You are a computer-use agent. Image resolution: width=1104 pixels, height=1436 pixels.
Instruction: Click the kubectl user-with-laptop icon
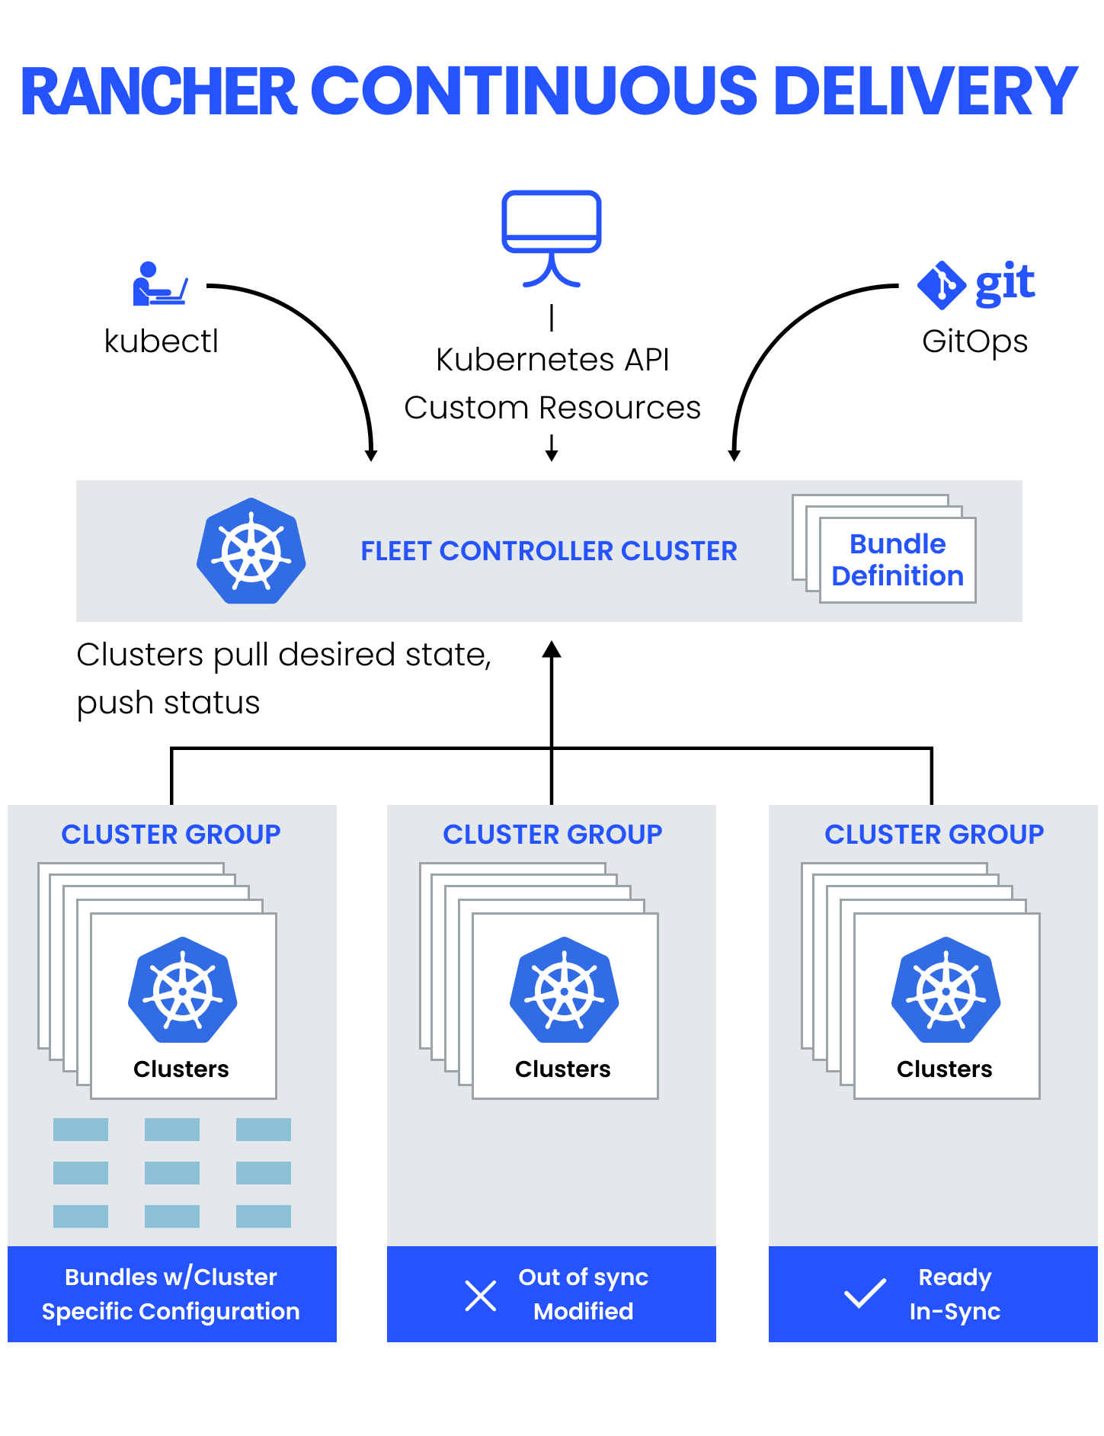tap(158, 284)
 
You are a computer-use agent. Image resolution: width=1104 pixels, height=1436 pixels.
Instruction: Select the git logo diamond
tap(942, 285)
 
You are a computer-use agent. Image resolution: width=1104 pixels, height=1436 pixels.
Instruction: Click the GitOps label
tap(974, 341)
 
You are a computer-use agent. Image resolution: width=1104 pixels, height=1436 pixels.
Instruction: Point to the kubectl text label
tap(161, 341)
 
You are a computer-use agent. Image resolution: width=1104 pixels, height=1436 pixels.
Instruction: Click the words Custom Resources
tap(552, 408)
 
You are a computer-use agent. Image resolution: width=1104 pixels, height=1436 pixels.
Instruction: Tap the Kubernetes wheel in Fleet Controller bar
tap(251, 551)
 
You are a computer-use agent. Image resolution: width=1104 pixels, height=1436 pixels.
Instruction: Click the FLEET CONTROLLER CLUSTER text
tap(549, 551)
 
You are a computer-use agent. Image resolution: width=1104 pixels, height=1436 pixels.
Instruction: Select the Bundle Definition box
tap(897, 560)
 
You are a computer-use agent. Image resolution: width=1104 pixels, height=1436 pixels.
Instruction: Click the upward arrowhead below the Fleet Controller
tap(552, 650)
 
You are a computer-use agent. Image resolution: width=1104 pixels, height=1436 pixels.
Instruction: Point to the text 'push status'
tap(168, 703)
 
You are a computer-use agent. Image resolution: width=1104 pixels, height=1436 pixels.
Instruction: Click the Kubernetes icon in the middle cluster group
tap(565, 990)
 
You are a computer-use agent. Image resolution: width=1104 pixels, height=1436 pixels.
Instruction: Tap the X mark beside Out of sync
tap(481, 1295)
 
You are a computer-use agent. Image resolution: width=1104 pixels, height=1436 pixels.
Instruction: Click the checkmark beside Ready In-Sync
tap(865, 1293)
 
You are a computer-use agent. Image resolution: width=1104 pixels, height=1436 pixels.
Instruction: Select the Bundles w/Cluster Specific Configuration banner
tap(171, 1293)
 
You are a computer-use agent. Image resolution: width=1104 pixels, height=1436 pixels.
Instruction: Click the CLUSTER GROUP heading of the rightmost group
tap(933, 835)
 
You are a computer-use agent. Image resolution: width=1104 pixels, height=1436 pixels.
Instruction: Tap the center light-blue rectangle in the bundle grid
tap(172, 1172)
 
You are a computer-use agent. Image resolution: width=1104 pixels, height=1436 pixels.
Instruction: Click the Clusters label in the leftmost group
tap(181, 1069)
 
